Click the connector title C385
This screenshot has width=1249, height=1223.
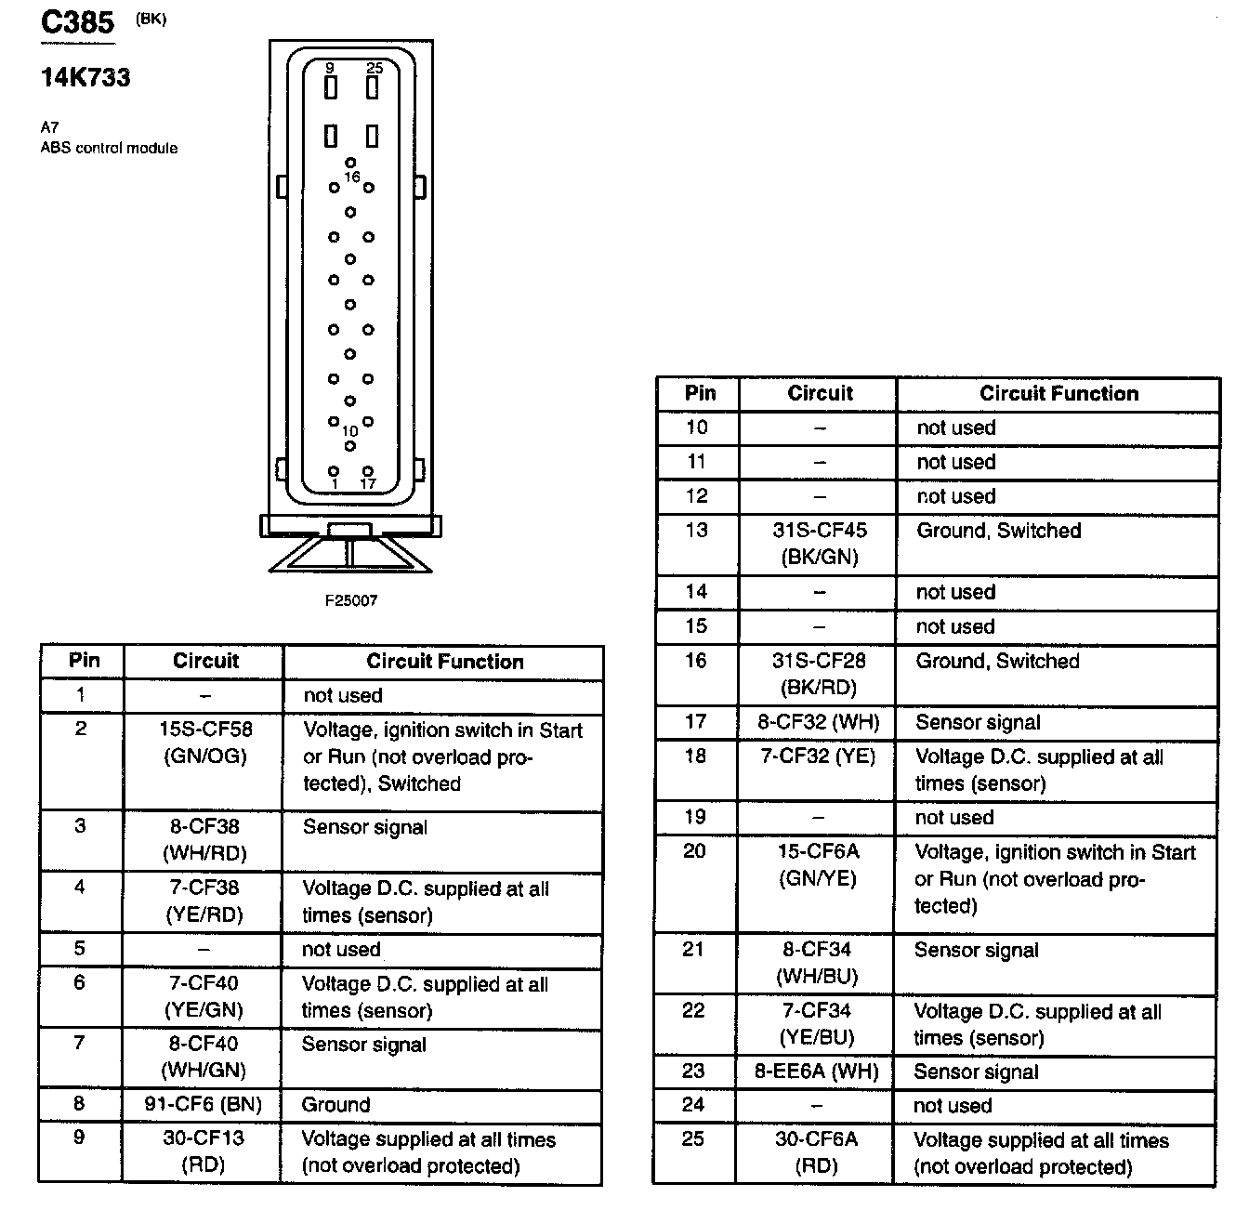point(77,22)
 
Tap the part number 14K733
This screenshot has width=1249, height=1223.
point(85,77)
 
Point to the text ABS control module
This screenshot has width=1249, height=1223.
point(109,148)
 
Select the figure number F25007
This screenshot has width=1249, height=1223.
point(350,600)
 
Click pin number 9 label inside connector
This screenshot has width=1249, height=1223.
point(330,68)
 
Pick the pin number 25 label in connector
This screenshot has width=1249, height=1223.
point(374,68)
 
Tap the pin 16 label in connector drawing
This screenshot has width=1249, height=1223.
point(351,177)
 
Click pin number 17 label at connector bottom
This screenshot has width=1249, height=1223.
point(368,483)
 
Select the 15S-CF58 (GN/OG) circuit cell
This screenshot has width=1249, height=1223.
point(204,743)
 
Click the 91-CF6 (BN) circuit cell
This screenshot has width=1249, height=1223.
point(203,1104)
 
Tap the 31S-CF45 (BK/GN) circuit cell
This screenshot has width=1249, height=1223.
point(819,544)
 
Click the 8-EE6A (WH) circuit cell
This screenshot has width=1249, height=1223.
point(817,1071)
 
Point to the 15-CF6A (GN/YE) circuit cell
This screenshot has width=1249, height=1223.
point(818,864)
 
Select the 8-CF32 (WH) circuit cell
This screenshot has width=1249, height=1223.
point(818,722)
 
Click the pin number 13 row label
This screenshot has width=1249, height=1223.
point(696,531)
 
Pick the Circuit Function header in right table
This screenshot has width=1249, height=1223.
point(1058,393)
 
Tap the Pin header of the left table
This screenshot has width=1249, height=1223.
point(84,661)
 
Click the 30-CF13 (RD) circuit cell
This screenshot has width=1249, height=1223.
point(204,1151)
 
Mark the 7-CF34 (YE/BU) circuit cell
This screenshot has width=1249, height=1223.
point(817,1023)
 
